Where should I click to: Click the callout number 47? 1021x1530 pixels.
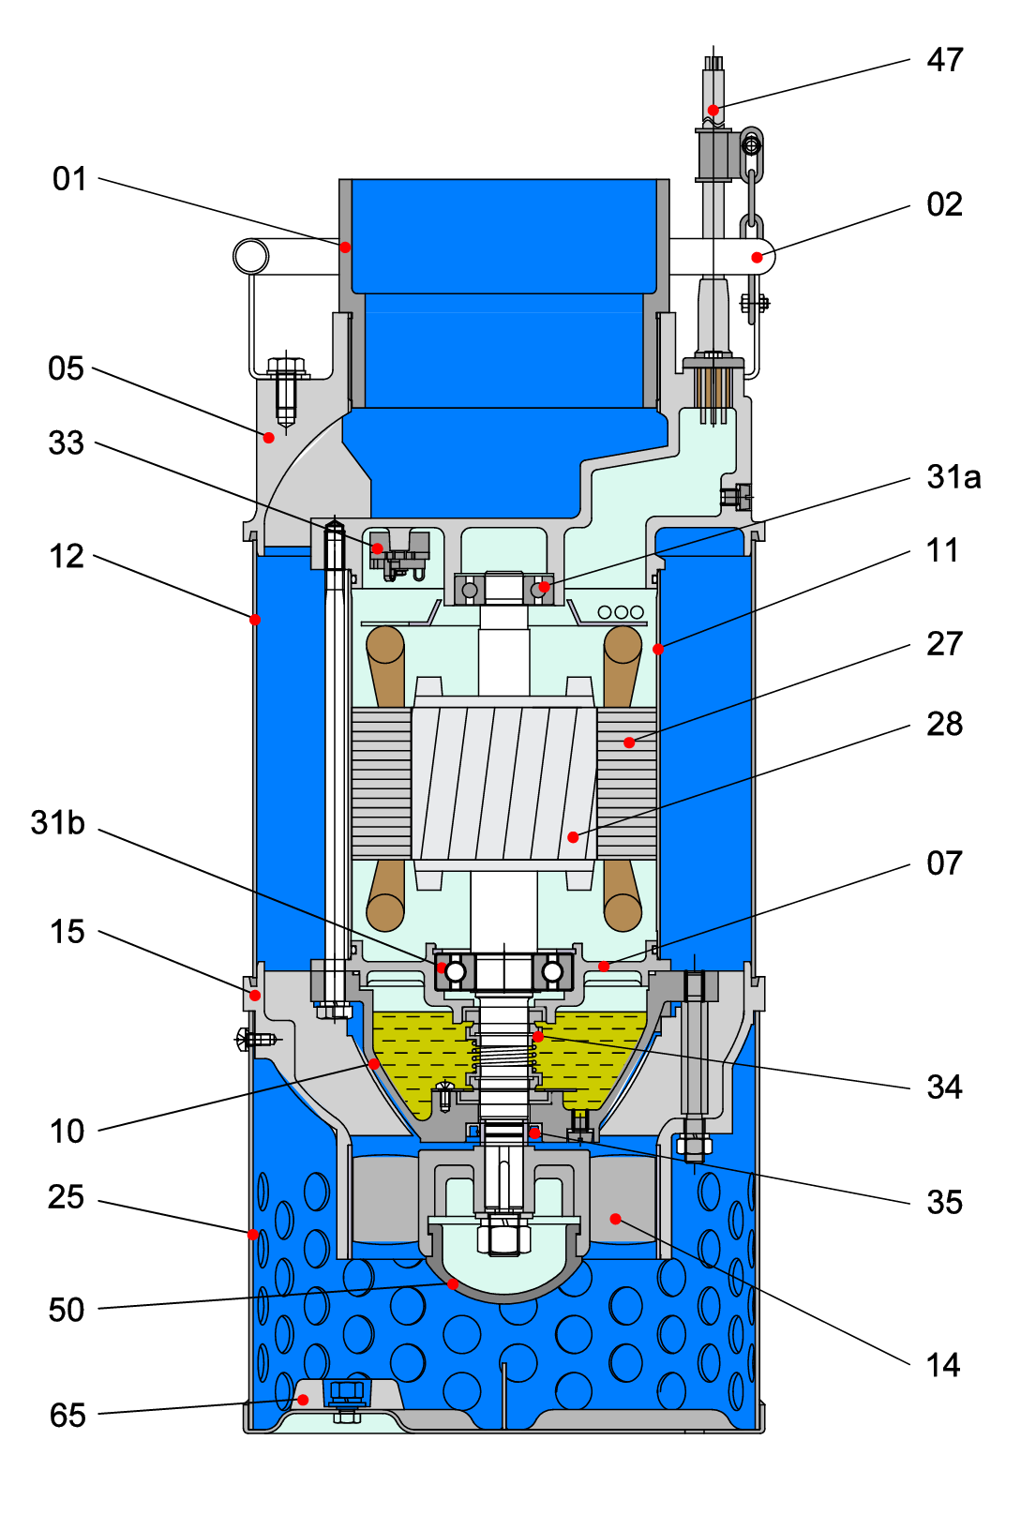[x=944, y=60]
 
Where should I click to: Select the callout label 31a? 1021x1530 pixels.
[x=953, y=477]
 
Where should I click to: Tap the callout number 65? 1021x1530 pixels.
[x=68, y=1415]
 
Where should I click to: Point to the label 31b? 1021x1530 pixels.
[x=58, y=823]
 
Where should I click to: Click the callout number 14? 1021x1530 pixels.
[x=943, y=1365]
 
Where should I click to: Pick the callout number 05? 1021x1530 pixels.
[x=67, y=368]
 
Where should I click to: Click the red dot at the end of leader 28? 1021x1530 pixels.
[x=573, y=836]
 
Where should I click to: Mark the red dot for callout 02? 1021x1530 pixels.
[x=757, y=257]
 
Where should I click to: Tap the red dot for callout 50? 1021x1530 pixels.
[x=453, y=1283]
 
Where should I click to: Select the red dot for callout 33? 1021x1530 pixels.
[x=377, y=548]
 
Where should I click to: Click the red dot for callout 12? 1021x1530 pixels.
[x=255, y=620]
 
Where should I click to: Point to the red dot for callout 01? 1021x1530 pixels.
[x=345, y=247]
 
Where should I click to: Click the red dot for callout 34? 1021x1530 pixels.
[x=537, y=1037]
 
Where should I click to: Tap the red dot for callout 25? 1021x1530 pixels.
[x=253, y=1234]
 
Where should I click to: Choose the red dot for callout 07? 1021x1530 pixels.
[x=604, y=966]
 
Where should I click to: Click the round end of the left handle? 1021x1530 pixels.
[x=250, y=256]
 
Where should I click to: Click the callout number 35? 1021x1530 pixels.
[x=944, y=1203]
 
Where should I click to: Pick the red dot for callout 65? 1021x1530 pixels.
[x=303, y=1400]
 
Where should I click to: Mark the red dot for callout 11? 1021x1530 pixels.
[x=658, y=649]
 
